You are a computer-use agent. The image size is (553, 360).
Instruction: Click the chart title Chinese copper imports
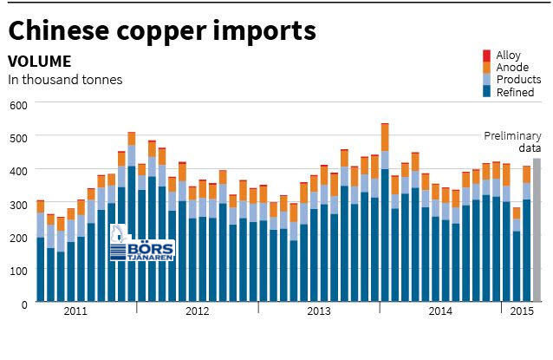pyautogui.click(x=162, y=30)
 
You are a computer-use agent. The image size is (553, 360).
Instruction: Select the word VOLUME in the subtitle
pyautogui.click(x=40, y=62)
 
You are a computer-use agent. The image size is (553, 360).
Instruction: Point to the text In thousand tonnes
pyautogui.click(x=65, y=80)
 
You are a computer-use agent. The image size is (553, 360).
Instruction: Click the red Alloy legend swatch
pyautogui.click(x=487, y=56)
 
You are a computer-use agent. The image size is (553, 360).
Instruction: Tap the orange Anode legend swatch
pyautogui.click(x=487, y=68)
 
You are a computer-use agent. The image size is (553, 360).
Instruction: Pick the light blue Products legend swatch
pyautogui.click(x=487, y=80)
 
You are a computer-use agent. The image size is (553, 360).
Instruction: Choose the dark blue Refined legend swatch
pyautogui.click(x=487, y=91)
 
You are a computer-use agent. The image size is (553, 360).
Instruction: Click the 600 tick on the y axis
pyautogui.click(x=18, y=105)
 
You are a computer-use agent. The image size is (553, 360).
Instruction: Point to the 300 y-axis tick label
pyautogui.click(x=18, y=205)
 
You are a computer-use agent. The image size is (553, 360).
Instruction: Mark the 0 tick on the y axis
pyautogui.click(x=24, y=304)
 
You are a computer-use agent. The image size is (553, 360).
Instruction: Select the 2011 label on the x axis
pyautogui.click(x=75, y=311)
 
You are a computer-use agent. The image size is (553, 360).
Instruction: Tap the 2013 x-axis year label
pyautogui.click(x=319, y=311)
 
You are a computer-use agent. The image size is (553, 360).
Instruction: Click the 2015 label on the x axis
pyautogui.click(x=522, y=311)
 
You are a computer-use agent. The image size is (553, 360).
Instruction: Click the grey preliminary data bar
pyautogui.click(x=537, y=230)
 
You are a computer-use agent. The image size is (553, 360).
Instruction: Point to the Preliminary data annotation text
pyautogui.click(x=512, y=141)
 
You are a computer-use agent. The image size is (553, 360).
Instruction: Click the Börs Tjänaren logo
pyautogui.click(x=142, y=243)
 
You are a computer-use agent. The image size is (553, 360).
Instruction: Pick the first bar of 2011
pyautogui.click(x=41, y=251)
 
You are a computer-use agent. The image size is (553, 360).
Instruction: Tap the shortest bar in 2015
pyautogui.click(x=517, y=254)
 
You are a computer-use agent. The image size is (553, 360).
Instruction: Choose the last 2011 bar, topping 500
pyautogui.click(x=132, y=217)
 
